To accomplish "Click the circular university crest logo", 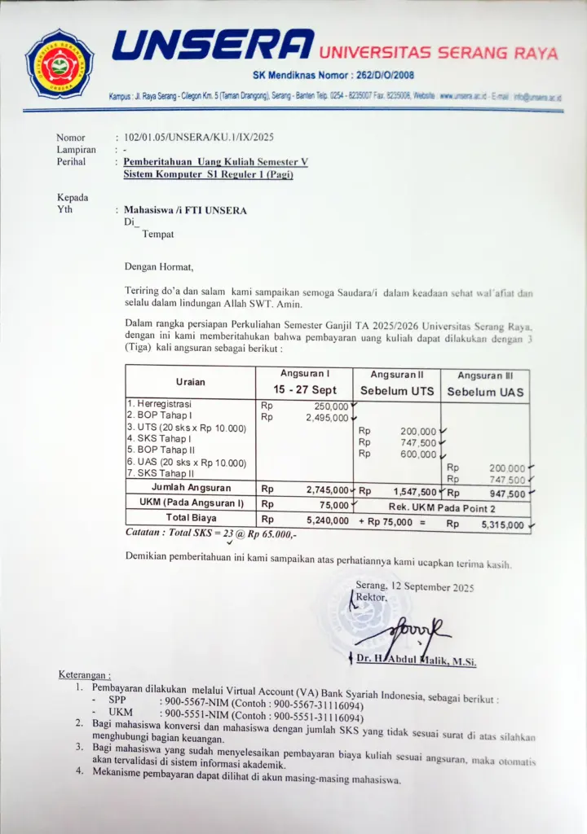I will (60, 63).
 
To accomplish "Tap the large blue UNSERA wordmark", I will (213, 46).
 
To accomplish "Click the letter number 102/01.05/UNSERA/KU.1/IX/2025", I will (194, 138).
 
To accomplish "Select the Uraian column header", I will (190, 382).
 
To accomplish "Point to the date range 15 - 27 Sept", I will (305, 390).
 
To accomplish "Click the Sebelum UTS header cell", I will (397, 391).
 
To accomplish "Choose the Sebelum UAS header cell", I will (485, 392).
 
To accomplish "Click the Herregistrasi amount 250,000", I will (331, 406).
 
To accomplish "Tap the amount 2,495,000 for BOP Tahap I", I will (327, 417).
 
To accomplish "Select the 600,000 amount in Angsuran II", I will (418, 454).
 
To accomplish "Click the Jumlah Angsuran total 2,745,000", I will (328, 490).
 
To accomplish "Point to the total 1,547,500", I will (414, 492).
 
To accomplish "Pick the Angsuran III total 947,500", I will (506, 493).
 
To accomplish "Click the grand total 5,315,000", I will (503, 525).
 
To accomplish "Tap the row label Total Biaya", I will (190, 518).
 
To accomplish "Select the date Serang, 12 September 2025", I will (414, 586).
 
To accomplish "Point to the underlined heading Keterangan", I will (85, 675).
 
